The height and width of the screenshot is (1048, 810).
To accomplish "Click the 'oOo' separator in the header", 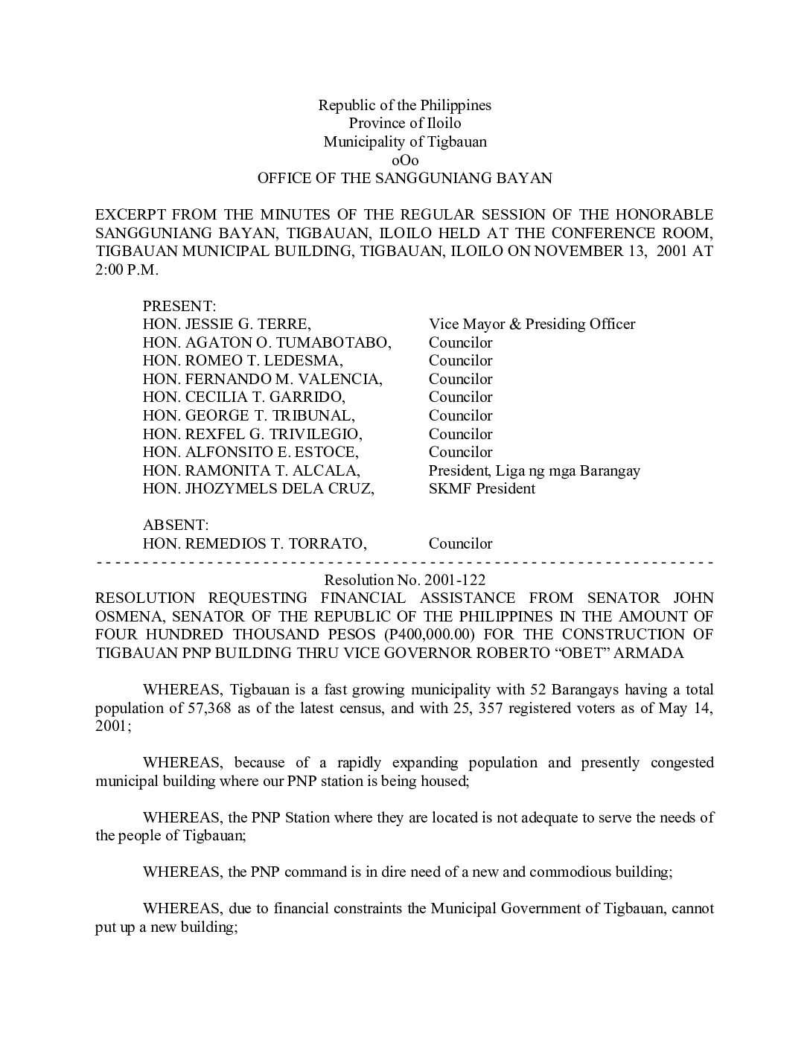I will coord(405,160).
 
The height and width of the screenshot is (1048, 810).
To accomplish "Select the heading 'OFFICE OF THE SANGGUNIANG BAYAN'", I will coord(405,179).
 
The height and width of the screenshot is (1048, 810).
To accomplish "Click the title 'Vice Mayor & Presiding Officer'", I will coord(532,325).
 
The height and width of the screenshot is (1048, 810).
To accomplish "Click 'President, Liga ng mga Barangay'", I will coord(534,471).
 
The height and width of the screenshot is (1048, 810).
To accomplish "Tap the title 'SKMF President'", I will coord(482,489).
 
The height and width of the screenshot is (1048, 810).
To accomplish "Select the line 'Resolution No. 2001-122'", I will coord(405,580).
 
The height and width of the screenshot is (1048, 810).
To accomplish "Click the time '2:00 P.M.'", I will coord(127,270).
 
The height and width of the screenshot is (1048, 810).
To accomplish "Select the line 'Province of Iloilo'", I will coord(405,124).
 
